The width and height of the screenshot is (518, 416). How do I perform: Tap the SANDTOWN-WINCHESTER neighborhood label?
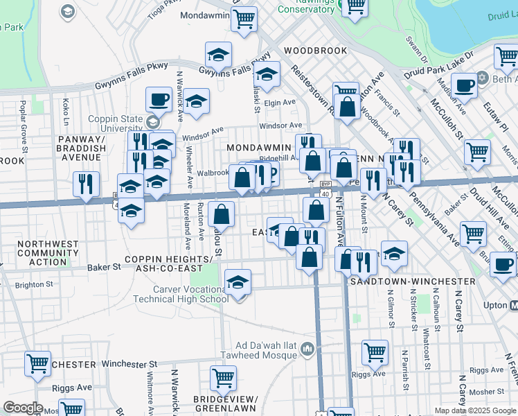pos(413,281)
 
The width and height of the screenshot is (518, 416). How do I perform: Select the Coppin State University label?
pos(111,123)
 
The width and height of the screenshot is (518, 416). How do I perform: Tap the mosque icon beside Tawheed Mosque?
pos(308,349)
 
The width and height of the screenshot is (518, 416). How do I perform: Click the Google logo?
pos(22,408)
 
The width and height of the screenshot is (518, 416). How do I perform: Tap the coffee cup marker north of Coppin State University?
pos(159,99)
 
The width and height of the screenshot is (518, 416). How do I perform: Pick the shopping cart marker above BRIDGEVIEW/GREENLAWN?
pos(223,379)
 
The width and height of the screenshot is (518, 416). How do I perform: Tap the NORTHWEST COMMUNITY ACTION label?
pos(48,253)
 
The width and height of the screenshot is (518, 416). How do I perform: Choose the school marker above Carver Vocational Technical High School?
pos(238,282)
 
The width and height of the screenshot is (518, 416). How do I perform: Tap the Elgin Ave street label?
pos(280,103)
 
